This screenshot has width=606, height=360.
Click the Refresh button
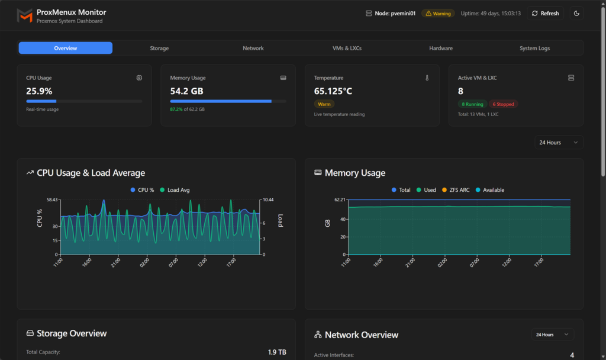[545, 13]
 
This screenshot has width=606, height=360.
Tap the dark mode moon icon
[576, 13]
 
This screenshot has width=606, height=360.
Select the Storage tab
[159, 48]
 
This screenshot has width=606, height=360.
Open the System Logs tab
[534, 48]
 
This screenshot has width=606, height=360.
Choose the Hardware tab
[441, 48]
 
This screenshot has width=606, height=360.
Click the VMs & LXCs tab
[347, 48]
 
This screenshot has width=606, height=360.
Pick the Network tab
[253, 48]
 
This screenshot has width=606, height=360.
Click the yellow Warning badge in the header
[438, 13]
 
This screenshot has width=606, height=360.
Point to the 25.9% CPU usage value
[39, 91]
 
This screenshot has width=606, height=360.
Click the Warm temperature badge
[324, 104]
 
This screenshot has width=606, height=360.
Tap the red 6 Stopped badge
[503, 104]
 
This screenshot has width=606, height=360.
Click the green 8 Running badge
[472, 104]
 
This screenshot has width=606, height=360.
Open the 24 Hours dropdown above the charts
[558, 143]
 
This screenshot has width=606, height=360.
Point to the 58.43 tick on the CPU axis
[52, 200]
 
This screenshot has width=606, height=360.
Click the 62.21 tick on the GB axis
[339, 200]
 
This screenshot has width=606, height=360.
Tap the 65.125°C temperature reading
[333, 91]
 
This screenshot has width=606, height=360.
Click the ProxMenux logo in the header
[25, 15]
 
